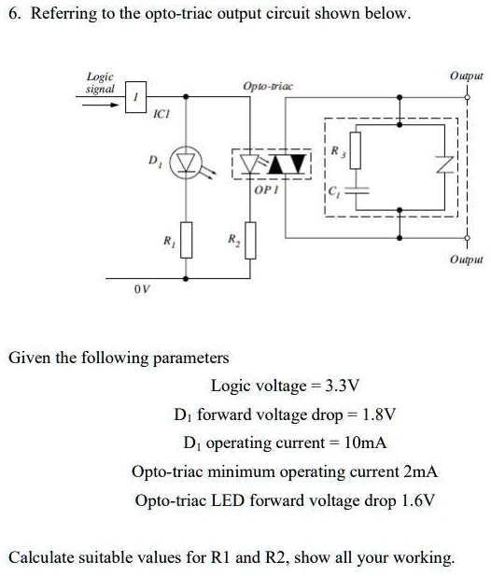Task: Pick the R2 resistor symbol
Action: click(250, 240)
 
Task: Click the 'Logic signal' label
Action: click(100, 82)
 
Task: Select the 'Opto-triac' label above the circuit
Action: click(268, 86)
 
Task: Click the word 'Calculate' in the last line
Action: click(42, 557)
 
